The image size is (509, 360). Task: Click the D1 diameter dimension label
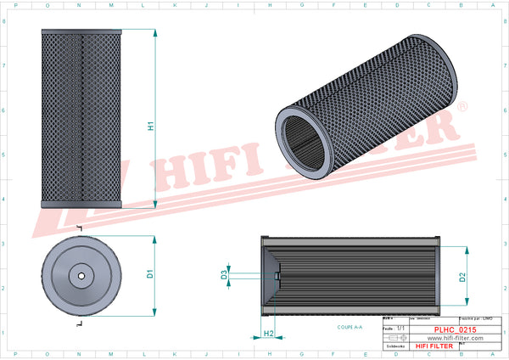150,274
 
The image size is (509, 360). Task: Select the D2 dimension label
462,276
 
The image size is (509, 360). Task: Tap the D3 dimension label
223,275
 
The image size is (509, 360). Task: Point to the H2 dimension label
268,334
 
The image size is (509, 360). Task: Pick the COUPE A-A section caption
349,326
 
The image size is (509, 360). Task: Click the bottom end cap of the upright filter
82,203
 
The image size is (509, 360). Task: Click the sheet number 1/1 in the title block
401,328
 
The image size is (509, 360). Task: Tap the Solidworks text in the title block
395,346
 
